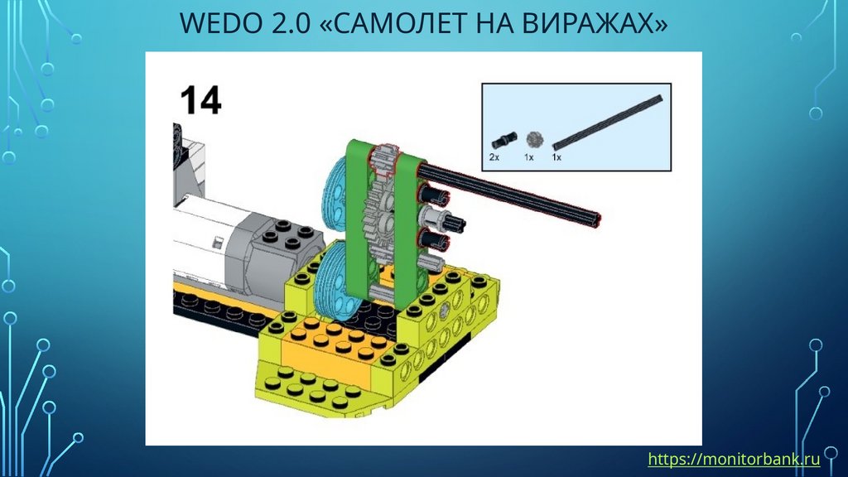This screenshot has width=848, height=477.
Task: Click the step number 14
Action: click(x=200, y=100)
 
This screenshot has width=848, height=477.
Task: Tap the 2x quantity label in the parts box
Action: click(x=494, y=157)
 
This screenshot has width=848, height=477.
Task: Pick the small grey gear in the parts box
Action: click(x=534, y=139)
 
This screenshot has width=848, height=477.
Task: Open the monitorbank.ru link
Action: click(x=734, y=459)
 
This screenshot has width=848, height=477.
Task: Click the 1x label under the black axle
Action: click(x=556, y=157)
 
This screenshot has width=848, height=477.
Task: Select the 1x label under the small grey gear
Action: click(x=529, y=157)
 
